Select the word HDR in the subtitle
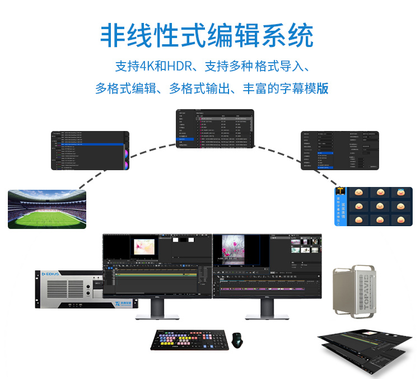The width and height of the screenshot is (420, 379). (178, 66)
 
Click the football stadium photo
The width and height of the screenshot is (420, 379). (47, 208)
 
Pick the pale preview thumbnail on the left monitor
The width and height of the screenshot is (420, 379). (143, 248)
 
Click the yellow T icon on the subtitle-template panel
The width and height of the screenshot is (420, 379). (340, 193)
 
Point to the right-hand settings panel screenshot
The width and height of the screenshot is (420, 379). (340, 150)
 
